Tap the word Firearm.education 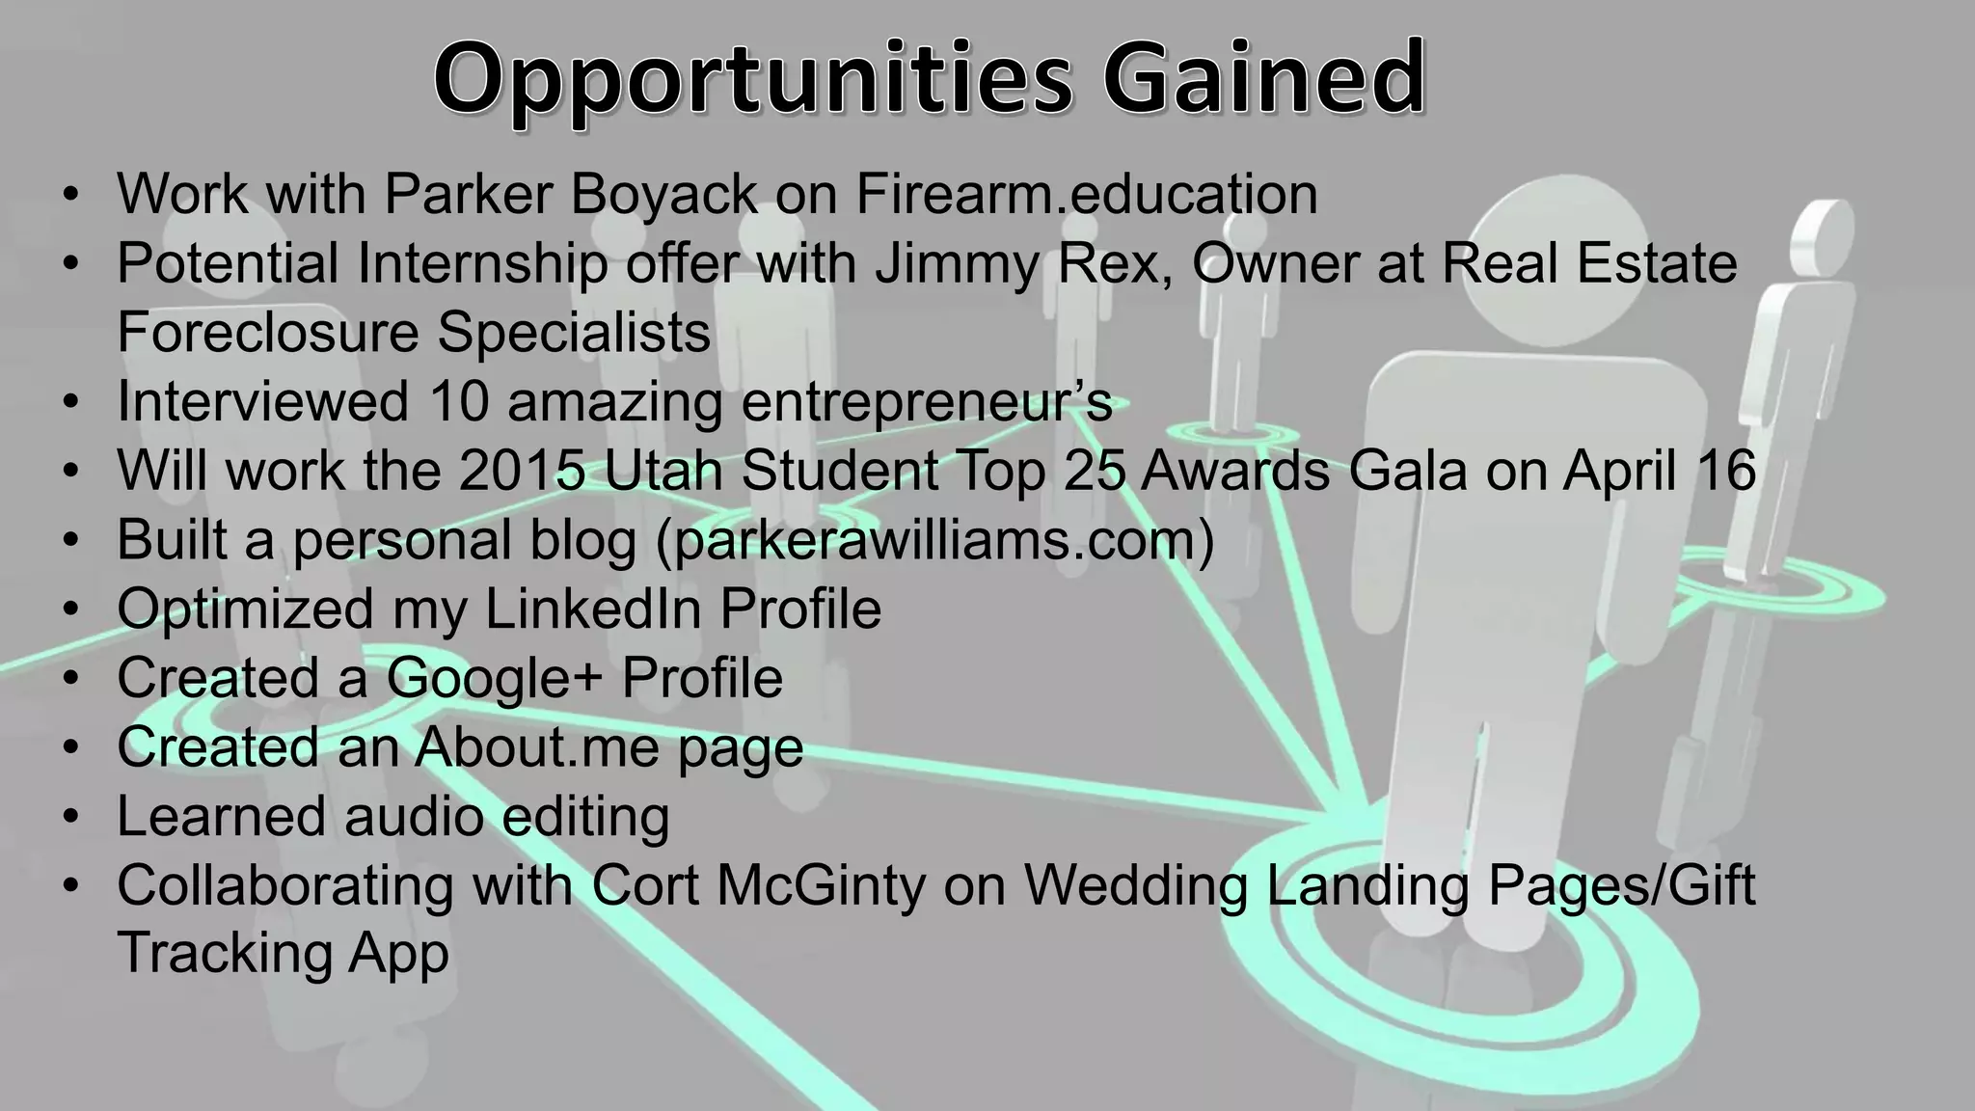coord(1087,194)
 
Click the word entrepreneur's coord(927,403)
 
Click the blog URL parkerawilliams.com coord(933,540)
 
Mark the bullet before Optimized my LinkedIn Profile coord(70,610)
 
